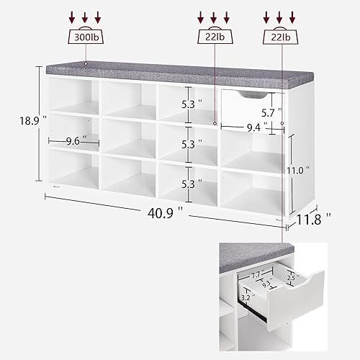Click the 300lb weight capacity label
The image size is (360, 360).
click(x=85, y=36)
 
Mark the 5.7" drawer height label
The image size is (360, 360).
click(x=269, y=112)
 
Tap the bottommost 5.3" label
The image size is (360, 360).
click(x=187, y=184)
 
